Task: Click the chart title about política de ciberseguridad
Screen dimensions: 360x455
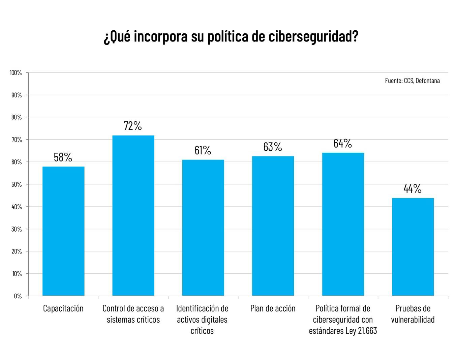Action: pyautogui.click(x=231, y=36)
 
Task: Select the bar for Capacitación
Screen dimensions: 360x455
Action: pyautogui.click(x=63, y=231)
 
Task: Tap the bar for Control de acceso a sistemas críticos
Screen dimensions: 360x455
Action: pyautogui.click(x=133, y=216)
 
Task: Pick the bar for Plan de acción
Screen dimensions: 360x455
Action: pyautogui.click(x=273, y=226)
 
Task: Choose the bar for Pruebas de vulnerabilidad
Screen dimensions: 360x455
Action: pyautogui.click(x=413, y=247)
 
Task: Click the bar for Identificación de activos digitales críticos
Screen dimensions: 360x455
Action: pyautogui.click(x=203, y=228)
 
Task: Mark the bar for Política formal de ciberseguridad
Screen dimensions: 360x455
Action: pyautogui.click(x=343, y=224)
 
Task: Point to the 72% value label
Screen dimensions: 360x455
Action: pyautogui.click(x=133, y=126)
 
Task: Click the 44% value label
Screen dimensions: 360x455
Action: pyautogui.click(x=413, y=189)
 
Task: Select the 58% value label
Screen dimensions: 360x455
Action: pyautogui.click(x=63, y=157)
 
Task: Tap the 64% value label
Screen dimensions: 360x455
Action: pyautogui.click(x=343, y=143)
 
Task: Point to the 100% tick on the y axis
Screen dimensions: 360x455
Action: pyautogui.click(x=16, y=73)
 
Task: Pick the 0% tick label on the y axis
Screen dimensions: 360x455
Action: pyautogui.click(x=18, y=296)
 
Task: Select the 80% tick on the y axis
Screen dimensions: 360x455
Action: pyautogui.click(x=17, y=117)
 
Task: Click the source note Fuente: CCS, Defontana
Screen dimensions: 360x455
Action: pyautogui.click(x=412, y=81)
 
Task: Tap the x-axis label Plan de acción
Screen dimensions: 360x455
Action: pyautogui.click(x=273, y=308)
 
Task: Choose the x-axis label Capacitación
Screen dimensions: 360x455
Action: pyautogui.click(x=63, y=308)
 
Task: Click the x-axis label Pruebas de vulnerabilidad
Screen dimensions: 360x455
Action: pyautogui.click(x=413, y=314)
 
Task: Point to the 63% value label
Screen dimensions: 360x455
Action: pyautogui.click(x=273, y=147)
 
